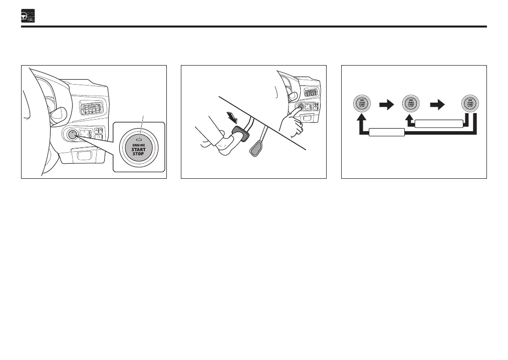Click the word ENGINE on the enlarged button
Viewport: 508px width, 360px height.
tap(138, 145)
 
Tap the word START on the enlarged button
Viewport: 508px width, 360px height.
tap(138, 149)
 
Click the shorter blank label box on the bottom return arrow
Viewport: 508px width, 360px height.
tap(387, 133)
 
